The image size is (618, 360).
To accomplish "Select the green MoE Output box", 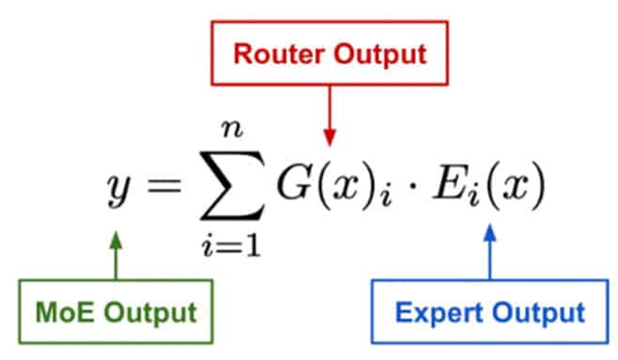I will [116, 309].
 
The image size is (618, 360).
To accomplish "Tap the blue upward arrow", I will [489, 254].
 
